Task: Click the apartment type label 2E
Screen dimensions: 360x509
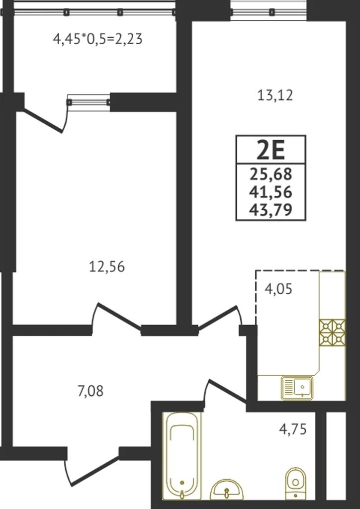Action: (270, 150)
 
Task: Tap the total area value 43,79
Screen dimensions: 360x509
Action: (270, 210)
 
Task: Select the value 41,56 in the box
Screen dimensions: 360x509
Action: (270, 192)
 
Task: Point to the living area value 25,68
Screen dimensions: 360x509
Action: (270, 175)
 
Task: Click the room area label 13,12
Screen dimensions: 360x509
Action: (275, 96)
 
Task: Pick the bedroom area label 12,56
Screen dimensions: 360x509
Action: (107, 267)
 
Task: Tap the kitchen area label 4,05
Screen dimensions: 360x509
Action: (278, 289)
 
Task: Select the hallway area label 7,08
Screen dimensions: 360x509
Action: (90, 391)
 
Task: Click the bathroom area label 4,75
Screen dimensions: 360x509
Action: (293, 429)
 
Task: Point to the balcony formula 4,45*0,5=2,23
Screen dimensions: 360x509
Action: (98, 40)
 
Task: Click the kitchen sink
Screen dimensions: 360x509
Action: (298, 388)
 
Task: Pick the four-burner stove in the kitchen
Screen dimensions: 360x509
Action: (332, 332)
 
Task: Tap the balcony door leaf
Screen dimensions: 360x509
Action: (43, 121)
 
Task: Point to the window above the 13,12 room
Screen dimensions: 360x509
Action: (269, 11)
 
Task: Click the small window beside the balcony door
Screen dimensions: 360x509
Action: (89, 102)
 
